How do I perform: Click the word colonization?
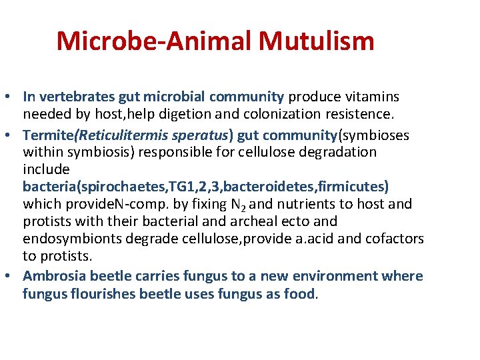coord(275,114)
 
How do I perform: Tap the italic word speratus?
coord(199,135)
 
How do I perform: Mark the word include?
coord(46,169)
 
